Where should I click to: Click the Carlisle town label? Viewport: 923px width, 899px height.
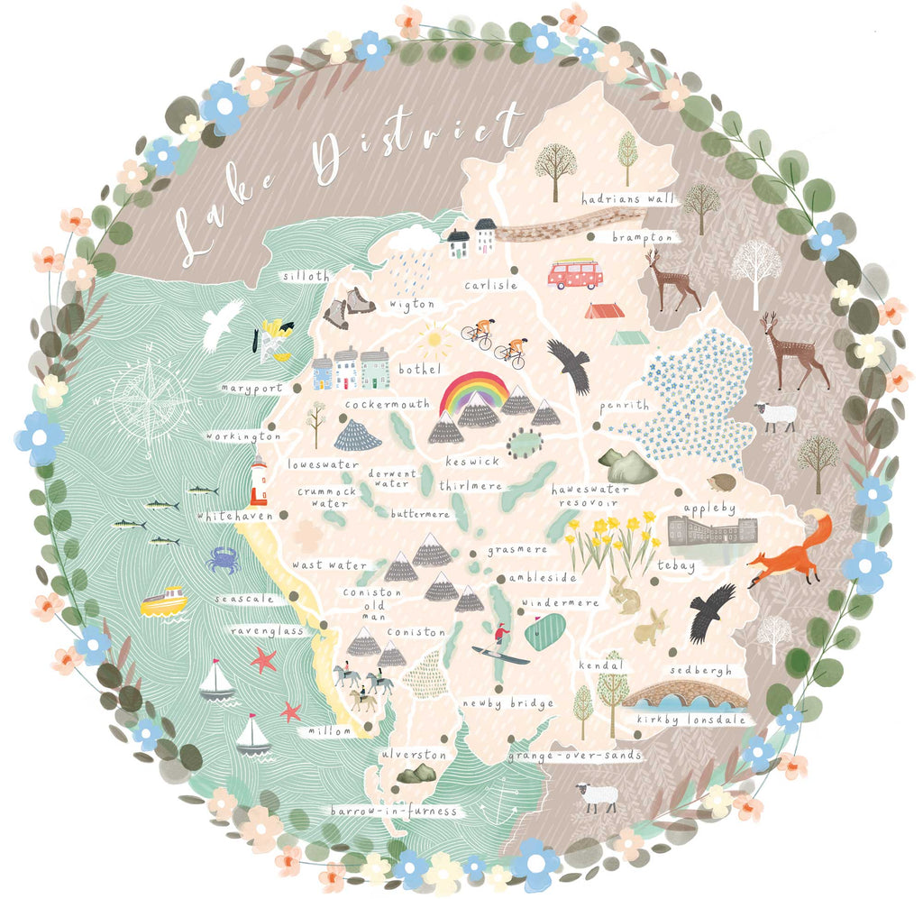[491, 286]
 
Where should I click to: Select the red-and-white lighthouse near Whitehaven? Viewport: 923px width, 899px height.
[259, 482]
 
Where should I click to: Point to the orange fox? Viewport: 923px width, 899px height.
[790, 551]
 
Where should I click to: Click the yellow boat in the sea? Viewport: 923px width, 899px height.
[163, 601]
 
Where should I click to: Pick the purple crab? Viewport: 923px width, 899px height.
[222, 560]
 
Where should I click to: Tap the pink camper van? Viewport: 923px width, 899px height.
[575, 273]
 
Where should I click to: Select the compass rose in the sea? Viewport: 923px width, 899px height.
[151, 400]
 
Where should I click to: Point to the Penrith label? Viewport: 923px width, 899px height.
[624, 405]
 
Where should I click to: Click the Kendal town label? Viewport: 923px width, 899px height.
[601, 665]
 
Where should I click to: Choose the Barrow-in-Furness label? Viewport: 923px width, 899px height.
[394, 812]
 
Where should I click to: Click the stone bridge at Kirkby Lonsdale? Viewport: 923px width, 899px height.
[684, 695]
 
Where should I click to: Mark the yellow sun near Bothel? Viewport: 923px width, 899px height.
[434, 340]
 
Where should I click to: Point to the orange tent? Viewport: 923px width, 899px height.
[604, 310]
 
